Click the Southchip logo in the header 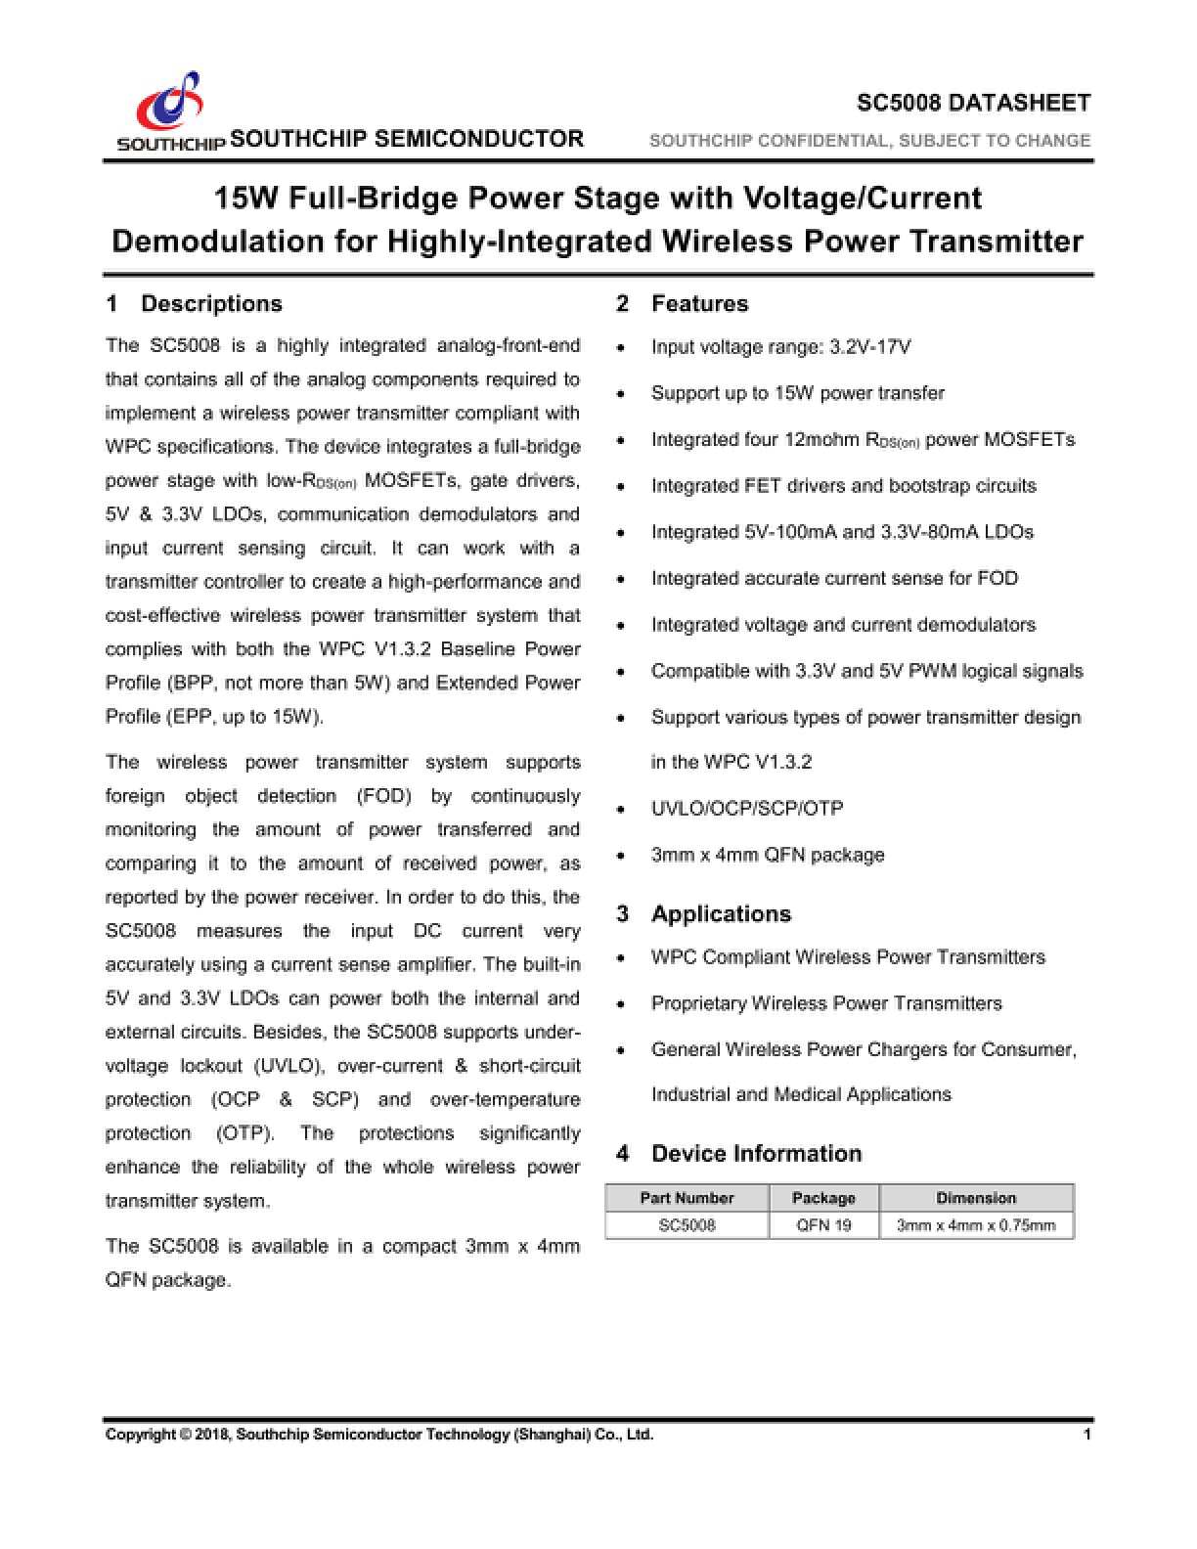pos(170,108)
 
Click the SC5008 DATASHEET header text pos(973,103)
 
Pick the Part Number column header pos(687,1198)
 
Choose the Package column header pos(823,1198)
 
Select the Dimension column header pos(976,1198)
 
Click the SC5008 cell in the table pos(687,1225)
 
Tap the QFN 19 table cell pos(823,1225)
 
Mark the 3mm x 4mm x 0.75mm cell pos(976,1225)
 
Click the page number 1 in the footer pos(1086,1435)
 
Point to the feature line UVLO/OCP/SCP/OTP pos(747,808)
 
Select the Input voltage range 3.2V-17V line pos(781,347)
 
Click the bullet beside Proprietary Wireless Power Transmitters pos(622,1004)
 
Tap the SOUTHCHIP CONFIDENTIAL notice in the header pos(869,141)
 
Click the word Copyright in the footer pos(141,1435)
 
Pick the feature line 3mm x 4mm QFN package pos(768,855)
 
